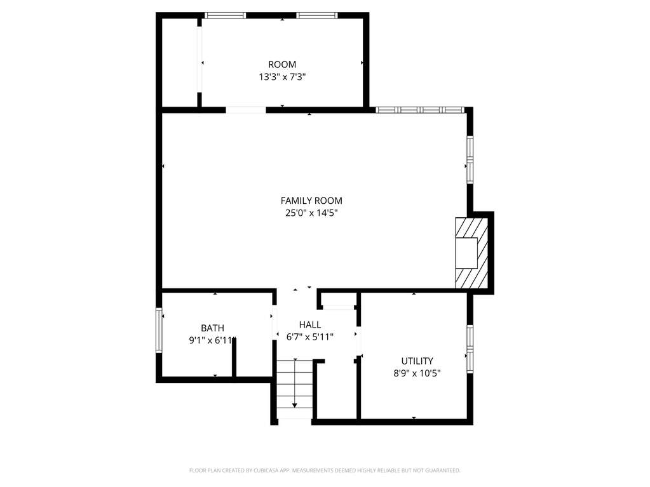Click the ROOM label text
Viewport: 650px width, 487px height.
click(282, 65)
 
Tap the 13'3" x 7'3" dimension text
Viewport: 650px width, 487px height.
click(282, 77)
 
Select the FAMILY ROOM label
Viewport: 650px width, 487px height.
click(311, 201)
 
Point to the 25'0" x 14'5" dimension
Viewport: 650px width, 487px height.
click(311, 213)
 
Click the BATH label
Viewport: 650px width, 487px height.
click(213, 328)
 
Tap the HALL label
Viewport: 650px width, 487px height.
click(310, 324)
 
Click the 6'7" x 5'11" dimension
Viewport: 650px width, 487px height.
click(310, 337)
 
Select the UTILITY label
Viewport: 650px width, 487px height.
click(417, 361)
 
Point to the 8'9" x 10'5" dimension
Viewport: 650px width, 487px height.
click(417, 373)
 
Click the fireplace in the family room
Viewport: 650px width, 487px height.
click(471, 253)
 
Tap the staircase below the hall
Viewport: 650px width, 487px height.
click(294, 389)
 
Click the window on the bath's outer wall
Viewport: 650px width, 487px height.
click(159, 330)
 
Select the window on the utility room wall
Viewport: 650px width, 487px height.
click(470, 349)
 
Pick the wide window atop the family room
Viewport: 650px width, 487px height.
click(419, 110)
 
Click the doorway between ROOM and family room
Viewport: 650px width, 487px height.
click(246, 110)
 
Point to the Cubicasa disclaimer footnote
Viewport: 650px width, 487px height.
click(325, 470)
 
